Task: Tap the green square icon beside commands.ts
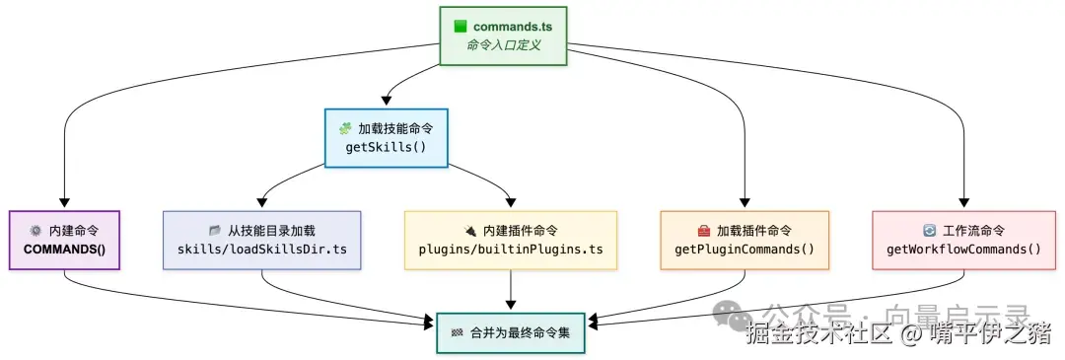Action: click(x=460, y=26)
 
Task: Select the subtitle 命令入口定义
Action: click(x=503, y=45)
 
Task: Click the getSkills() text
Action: click(x=386, y=148)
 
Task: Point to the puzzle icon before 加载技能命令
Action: click(x=345, y=128)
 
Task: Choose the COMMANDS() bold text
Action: click(x=64, y=249)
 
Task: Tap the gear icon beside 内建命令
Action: click(x=35, y=230)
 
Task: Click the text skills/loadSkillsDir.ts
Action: click(x=262, y=249)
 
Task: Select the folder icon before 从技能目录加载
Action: click(x=215, y=230)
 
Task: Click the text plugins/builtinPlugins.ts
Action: click(x=510, y=249)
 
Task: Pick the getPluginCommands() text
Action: click(x=745, y=249)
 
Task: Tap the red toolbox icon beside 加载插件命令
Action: click(x=703, y=230)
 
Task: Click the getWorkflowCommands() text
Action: click(x=963, y=249)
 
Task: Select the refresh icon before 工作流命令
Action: click(x=928, y=230)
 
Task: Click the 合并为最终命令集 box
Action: click(x=510, y=332)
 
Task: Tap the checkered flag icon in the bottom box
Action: click(x=457, y=332)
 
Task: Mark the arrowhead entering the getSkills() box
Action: click(x=387, y=103)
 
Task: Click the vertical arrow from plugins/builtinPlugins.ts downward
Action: click(x=510, y=291)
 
